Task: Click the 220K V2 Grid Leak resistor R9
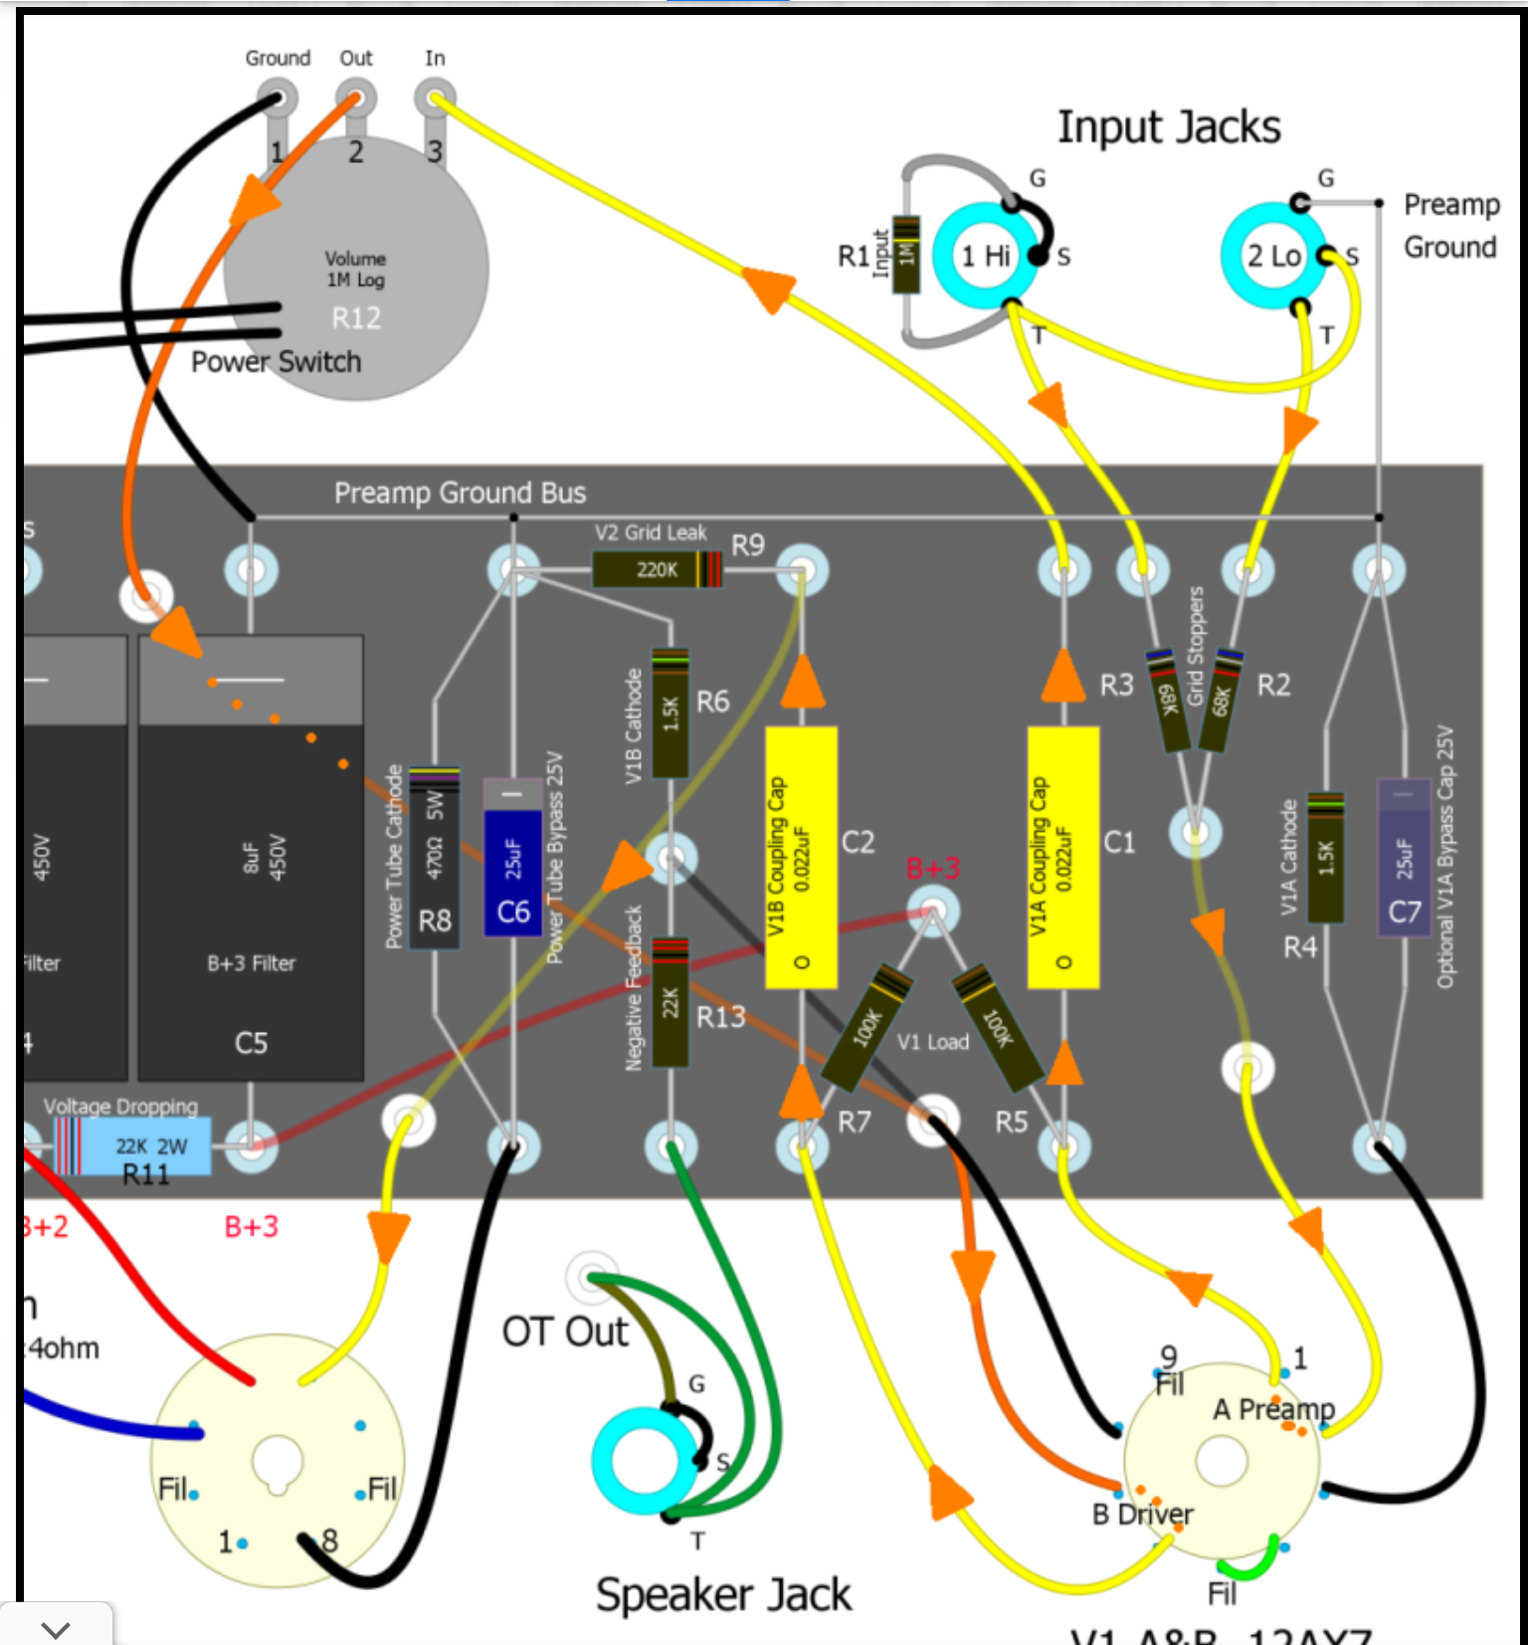pyautogui.click(x=657, y=569)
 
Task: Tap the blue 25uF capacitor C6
pyautogui.click(x=512, y=859)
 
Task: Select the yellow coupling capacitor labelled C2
pyautogui.click(x=801, y=857)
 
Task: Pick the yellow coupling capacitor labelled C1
pyautogui.click(x=1062, y=857)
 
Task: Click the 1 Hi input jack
pyautogui.click(x=985, y=256)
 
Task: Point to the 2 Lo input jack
pyautogui.click(x=1273, y=256)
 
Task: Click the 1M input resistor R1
pyautogui.click(x=905, y=255)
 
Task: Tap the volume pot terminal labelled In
pyautogui.click(x=435, y=99)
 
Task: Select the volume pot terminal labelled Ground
pyautogui.click(x=277, y=99)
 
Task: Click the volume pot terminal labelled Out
pyautogui.click(x=355, y=99)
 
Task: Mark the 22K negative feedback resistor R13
pyautogui.click(x=670, y=1002)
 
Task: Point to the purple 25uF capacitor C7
pyautogui.click(x=1404, y=858)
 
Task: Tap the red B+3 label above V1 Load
pyautogui.click(x=932, y=869)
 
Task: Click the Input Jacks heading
pyautogui.click(x=1169, y=127)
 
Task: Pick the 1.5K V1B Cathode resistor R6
pyautogui.click(x=670, y=713)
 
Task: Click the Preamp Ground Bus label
pyautogui.click(x=460, y=493)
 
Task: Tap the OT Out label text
pyautogui.click(x=565, y=1332)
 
